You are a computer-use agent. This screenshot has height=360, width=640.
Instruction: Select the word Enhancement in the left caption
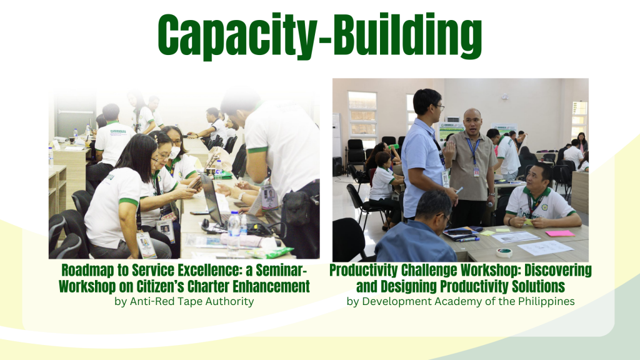[x=271, y=286]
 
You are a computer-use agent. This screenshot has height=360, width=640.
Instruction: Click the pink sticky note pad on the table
[x=559, y=234]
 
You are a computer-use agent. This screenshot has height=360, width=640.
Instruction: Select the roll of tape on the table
[x=504, y=252]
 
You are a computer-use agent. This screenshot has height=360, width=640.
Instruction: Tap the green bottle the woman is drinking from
[x=394, y=146]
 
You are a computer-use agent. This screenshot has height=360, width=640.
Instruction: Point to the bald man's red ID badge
[x=476, y=172]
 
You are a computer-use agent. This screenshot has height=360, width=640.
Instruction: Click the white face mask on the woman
[x=175, y=153]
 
